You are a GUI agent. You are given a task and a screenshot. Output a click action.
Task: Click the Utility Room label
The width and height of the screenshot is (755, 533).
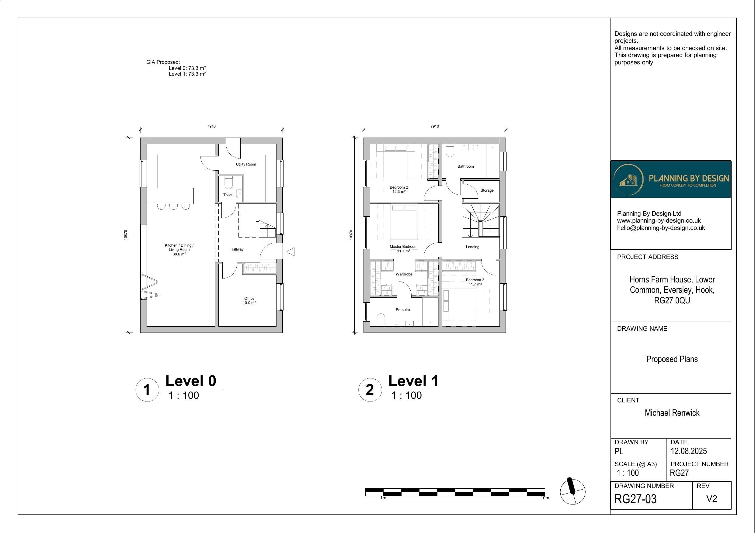(246, 164)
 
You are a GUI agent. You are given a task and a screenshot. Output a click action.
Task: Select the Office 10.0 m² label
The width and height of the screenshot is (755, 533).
(249, 300)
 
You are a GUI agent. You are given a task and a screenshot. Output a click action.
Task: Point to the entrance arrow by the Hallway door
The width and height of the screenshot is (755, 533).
(291, 252)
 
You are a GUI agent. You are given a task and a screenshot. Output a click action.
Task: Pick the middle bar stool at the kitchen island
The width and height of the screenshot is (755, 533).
(173, 206)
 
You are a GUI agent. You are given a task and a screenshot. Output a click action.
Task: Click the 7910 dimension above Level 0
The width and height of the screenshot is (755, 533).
(211, 126)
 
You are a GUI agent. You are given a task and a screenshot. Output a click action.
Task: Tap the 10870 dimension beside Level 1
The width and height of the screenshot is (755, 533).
(351, 235)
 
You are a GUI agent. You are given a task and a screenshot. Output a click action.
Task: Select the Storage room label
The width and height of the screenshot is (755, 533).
(487, 190)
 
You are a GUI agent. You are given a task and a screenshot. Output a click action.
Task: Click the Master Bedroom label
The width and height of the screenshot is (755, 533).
(403, 247)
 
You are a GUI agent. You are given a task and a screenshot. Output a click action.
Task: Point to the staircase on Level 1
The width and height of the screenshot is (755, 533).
(480, 221)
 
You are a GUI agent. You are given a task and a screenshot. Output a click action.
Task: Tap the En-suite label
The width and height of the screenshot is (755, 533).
(402, 310)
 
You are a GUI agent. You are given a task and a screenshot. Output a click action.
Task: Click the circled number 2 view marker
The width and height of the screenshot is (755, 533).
(370, 390)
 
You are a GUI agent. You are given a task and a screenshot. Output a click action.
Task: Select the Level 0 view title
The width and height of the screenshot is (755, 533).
(191, 381)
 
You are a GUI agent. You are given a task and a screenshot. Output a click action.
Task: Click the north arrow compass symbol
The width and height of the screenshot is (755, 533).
(572, 491)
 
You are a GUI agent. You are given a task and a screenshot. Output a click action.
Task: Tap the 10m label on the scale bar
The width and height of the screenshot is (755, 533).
(545, 498)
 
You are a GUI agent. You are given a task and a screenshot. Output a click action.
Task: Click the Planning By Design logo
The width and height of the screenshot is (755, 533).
(671, 179)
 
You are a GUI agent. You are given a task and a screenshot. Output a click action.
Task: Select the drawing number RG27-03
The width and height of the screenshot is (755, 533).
(635, 499)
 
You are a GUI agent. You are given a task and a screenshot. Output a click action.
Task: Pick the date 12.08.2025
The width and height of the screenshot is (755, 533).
(689, 451)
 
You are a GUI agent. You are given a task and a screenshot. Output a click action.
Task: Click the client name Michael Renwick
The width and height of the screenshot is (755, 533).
(672, 413)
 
